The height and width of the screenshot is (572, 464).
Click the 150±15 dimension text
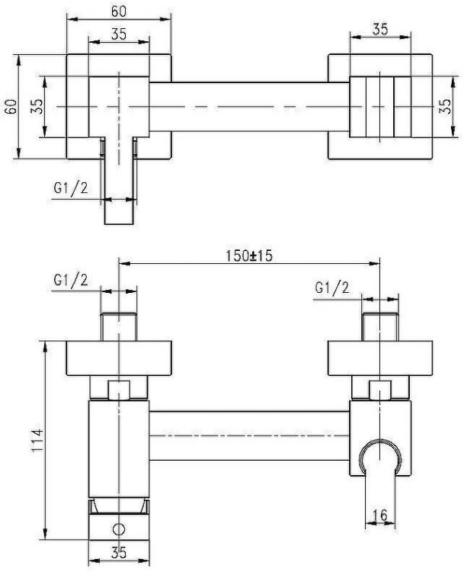[x=249, y=255]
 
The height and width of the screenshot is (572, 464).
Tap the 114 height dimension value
[x=37, y=441]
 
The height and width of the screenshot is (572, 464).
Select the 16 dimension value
[x=380, y=515]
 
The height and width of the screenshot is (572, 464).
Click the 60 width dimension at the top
[x=119, y=11]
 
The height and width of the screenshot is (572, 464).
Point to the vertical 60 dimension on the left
[x=11, y=107]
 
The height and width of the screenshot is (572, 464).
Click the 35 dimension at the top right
[x=380, y=29]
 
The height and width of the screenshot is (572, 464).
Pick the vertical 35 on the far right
[x=446, y=107]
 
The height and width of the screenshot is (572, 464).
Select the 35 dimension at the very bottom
[x=119, y=553]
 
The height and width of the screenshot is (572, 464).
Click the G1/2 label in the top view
[x=71, y=188]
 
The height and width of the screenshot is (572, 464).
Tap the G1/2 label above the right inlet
[x=332, y=288]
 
